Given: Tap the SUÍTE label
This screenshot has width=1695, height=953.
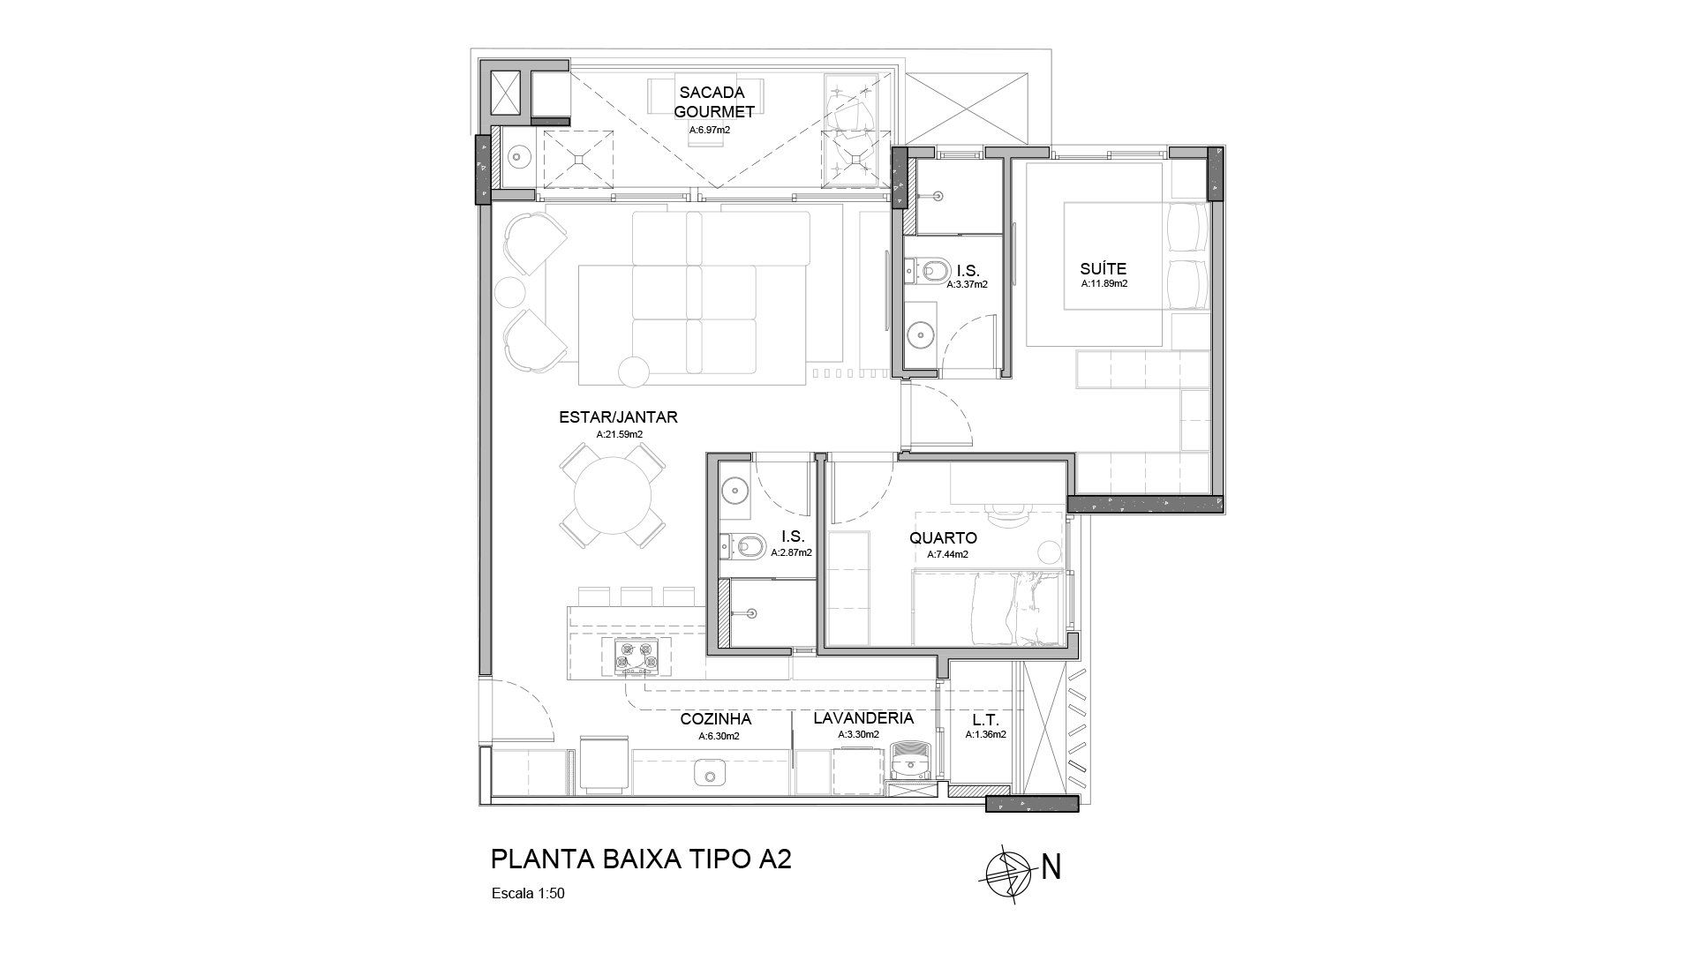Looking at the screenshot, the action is (1104, 269).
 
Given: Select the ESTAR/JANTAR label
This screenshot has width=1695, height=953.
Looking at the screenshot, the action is (618, 417).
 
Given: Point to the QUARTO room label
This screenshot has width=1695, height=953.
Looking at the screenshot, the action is (943, 538).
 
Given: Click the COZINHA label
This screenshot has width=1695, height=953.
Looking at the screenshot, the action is (715, 719).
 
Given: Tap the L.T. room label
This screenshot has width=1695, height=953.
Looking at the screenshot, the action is (985, 719).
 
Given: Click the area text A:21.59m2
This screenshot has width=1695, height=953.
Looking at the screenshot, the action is (619, 434).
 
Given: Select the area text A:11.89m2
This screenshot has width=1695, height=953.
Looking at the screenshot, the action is (1104, 284).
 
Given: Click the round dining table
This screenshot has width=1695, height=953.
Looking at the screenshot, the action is (614, 496).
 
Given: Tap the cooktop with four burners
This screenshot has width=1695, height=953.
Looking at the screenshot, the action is (636, 657).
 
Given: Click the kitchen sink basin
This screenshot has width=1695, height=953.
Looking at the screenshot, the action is (709, 774).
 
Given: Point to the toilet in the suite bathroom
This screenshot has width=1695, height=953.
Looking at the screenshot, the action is (926, 269).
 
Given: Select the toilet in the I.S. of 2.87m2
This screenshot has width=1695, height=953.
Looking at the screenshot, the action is (742, 548).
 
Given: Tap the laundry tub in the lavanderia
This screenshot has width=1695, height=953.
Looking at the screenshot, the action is (909, 759).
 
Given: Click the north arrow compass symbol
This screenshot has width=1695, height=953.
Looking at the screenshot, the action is (1008, 867).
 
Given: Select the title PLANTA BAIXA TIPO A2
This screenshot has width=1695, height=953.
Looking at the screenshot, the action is (640, 859).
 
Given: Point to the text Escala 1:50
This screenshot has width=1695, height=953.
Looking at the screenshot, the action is (527, 893).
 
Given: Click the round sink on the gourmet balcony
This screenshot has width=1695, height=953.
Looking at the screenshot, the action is (517, 157).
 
